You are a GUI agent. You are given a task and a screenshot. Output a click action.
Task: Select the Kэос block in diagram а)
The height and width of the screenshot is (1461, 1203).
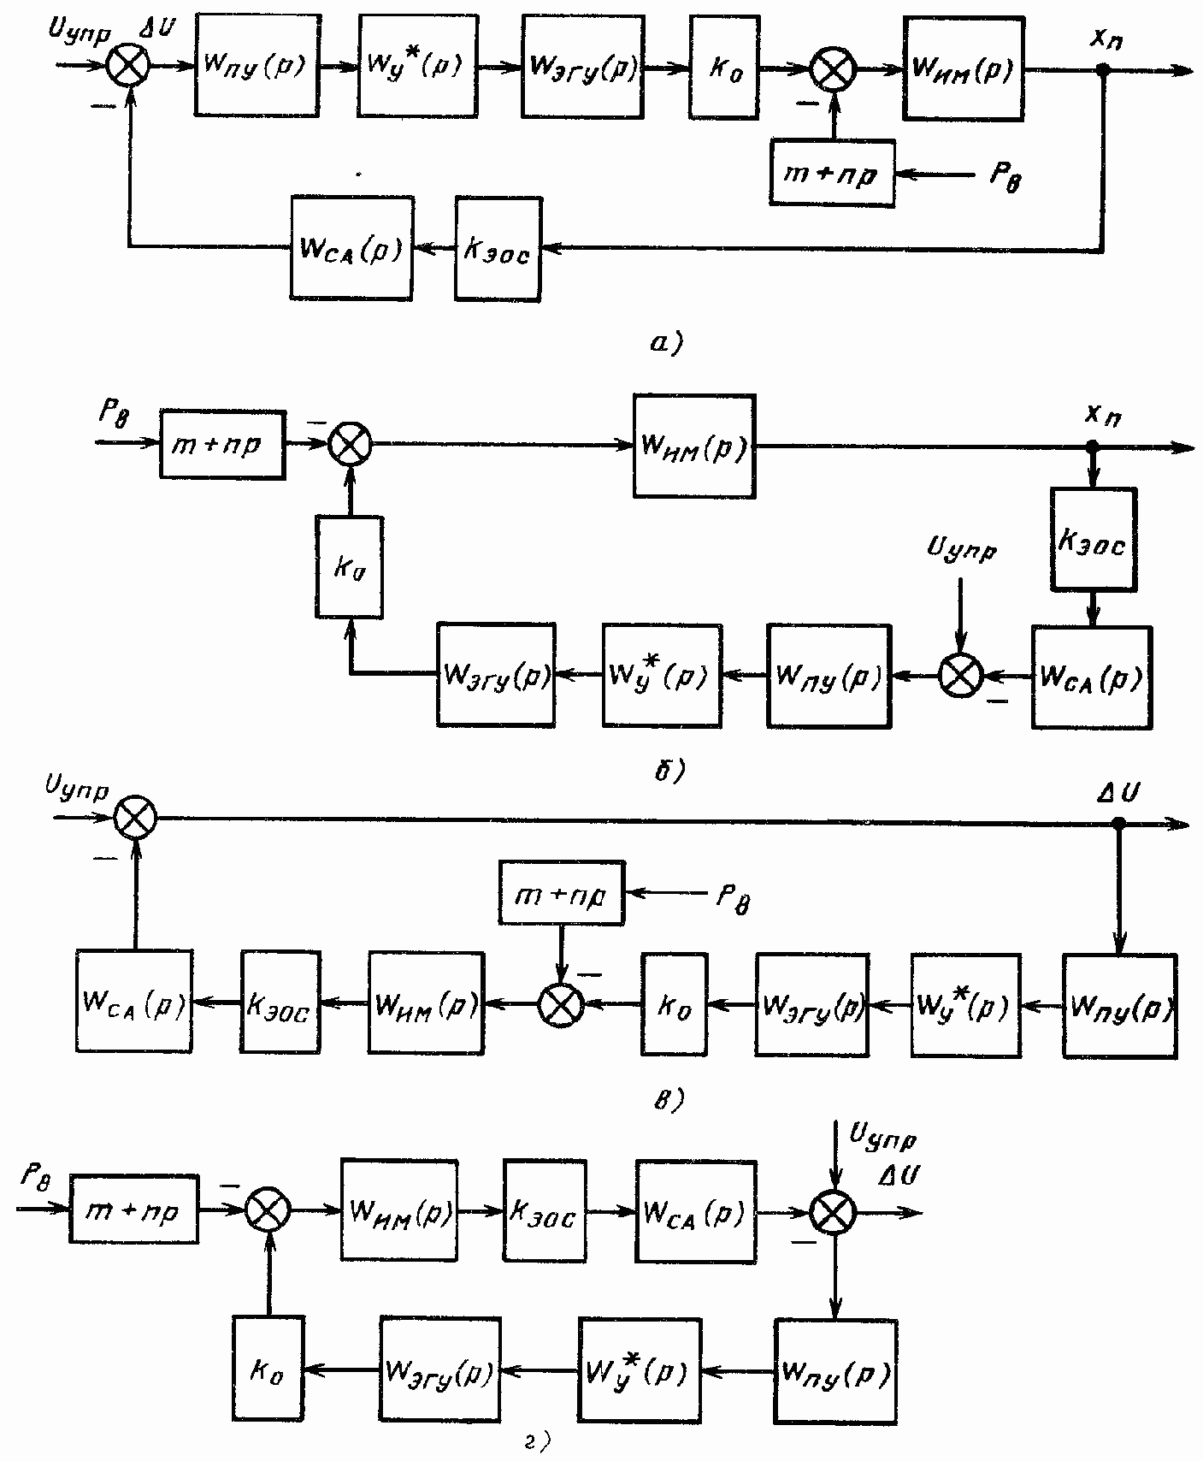tap(498, 249)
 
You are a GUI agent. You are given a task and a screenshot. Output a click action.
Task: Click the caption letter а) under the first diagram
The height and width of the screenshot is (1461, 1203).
tap(664, 344)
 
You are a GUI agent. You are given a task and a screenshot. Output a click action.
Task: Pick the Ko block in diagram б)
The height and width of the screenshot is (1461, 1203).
tap(349, 566)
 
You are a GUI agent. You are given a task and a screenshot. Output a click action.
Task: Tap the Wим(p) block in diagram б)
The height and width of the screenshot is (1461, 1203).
tap(694, 446)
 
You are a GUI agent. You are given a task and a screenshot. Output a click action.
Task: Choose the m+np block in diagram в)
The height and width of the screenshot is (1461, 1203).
tap(562, 893)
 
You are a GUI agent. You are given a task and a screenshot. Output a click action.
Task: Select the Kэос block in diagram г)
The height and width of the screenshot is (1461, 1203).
tap(545, 1211)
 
